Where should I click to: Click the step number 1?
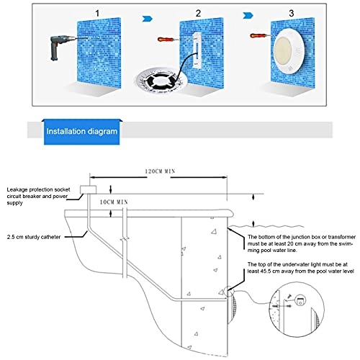point(97,14)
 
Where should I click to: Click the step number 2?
point(198,14)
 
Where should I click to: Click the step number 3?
point(292,14)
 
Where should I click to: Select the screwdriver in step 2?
point(168,39)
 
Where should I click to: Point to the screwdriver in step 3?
point(261,36)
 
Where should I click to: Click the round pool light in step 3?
point(289,52)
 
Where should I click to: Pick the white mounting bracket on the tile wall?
point(197,50)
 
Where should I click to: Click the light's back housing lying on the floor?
point(161,81)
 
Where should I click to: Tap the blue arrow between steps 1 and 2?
point(148,19)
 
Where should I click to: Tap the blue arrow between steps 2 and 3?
point(248,16)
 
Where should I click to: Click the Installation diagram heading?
point(82,131)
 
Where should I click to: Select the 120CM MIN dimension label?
point(160,171)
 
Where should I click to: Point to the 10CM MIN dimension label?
point(114,202)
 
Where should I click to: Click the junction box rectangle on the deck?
point(88,189)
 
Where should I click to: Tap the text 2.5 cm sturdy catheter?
point(34,237)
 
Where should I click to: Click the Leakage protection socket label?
point(38,196)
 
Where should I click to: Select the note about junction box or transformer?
point(302,243)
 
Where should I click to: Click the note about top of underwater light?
point(301,268)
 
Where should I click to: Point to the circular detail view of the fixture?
point(297,310)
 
